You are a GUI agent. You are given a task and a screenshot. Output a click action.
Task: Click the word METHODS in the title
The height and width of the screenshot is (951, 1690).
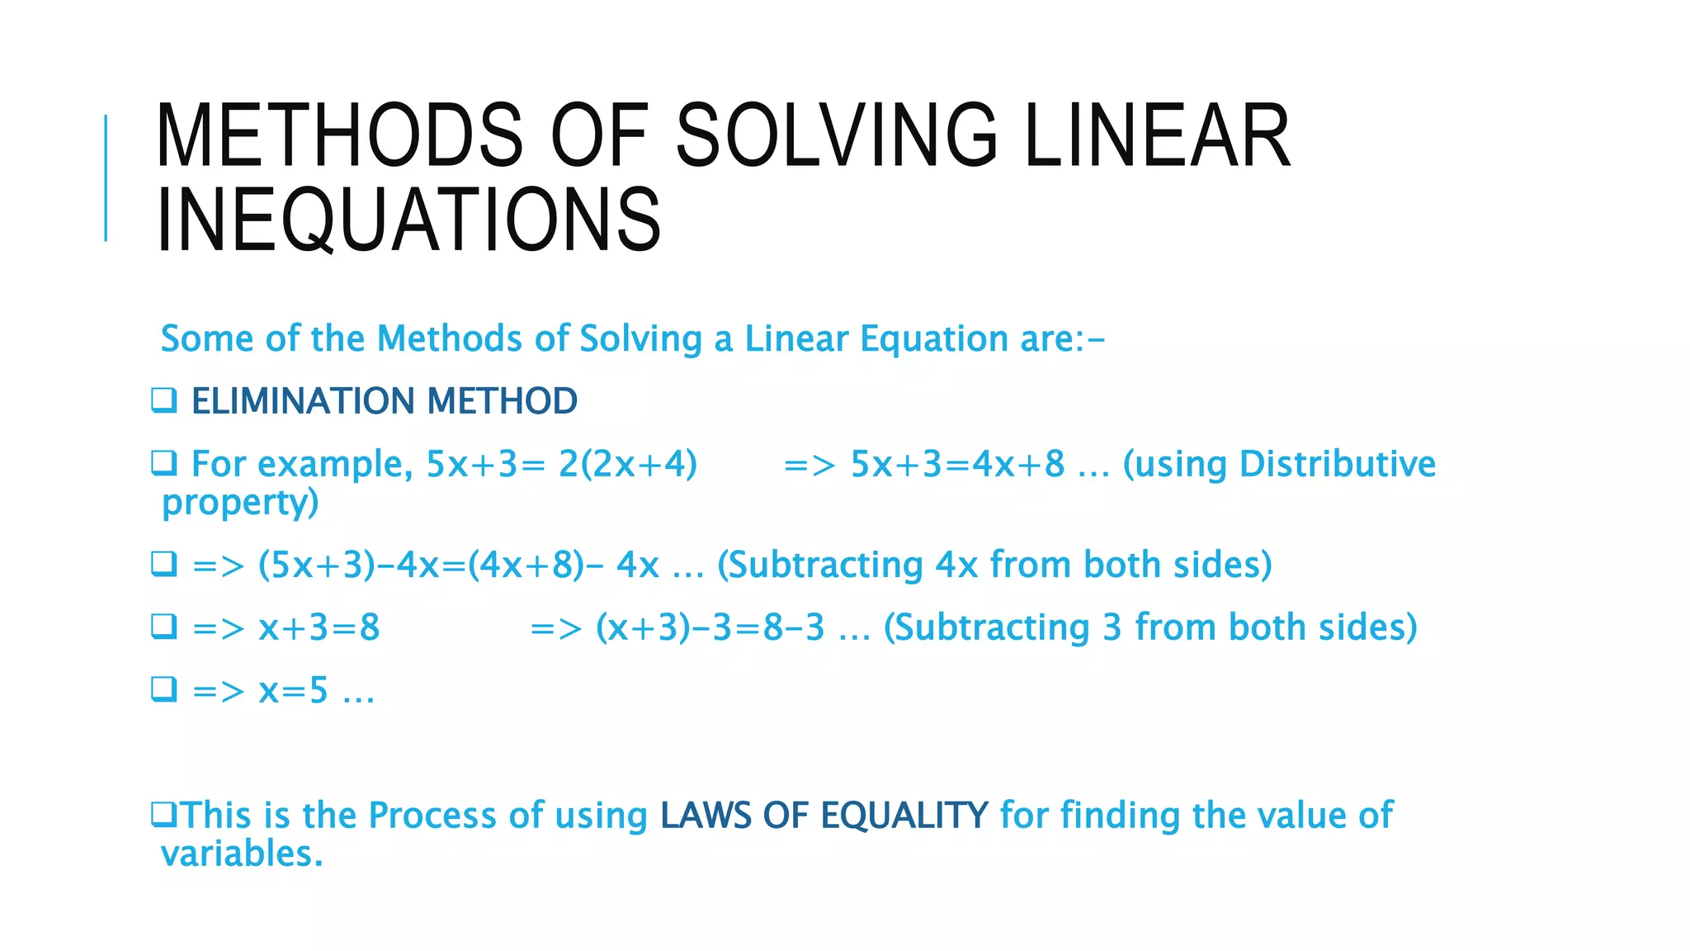pyautogui.click(x=338, y=135)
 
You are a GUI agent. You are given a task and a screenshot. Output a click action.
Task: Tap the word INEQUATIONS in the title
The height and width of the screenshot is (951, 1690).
pyautogui.click(x=408, y=220)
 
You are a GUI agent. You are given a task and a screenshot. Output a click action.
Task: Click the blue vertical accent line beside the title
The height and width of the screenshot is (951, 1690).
pyautogui.click(x=106, y=177)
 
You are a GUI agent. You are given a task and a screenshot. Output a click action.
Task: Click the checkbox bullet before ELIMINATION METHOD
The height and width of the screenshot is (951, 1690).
pyautogui.click(x=163, y=400)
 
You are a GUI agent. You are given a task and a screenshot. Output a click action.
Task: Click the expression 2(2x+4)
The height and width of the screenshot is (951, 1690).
pyautogui.click(x=627, y=464)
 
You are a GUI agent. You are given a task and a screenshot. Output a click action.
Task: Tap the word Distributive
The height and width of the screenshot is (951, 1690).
pyautogui.click(x=1337, y=464)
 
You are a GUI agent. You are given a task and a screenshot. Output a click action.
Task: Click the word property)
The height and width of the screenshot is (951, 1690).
pyautogui.click(x=240, y=503)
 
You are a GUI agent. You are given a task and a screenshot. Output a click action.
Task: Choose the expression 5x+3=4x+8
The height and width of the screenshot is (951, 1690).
pyautogui.click(x=957, y=464)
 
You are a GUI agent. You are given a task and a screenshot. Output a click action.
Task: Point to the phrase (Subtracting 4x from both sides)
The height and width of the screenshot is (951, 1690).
pyautogui.click(x=994, y=565)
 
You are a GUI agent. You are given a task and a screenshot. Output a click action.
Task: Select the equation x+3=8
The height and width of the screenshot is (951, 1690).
pyautogui.click(x=319, y=628)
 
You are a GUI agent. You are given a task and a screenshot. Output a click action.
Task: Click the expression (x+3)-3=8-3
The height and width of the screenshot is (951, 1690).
pyautogui.click(x=710, y=628)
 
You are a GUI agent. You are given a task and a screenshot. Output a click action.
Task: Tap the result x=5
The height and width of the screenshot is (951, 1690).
pyautogui.click(x=294, y=691)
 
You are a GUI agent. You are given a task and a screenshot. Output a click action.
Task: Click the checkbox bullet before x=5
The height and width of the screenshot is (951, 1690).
pyautogui.click(x=163, y=688)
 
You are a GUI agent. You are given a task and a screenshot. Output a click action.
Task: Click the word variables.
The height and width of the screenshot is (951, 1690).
pyautogui.click(x=241, y=854)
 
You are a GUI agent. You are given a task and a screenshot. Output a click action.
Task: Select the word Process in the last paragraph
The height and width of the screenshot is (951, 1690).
pyautogui.click(x=432, y=816)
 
